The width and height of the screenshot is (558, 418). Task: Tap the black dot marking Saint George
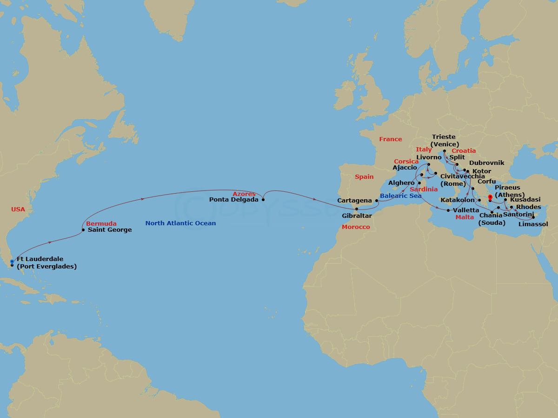tap(83, 230)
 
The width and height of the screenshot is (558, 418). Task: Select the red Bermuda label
tap(101, 223)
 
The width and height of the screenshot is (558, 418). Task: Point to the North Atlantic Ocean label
tap(180, 223)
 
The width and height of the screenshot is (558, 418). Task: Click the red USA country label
tap(18, 210)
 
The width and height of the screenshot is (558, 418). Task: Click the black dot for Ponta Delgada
tap(264, 200)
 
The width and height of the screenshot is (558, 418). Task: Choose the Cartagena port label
tap(355, 201)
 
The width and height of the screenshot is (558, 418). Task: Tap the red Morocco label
tap(356, 227)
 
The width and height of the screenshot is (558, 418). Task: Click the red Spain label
tap(364, 177)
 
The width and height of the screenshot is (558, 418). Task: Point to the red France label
tap(390, 139)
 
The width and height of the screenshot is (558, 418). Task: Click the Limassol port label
tap(533, 224)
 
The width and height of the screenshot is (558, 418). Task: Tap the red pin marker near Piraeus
tap(490, 197)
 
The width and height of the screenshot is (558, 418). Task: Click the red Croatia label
tap(464, 150)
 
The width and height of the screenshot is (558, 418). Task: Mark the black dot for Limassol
tap(533, 217)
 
